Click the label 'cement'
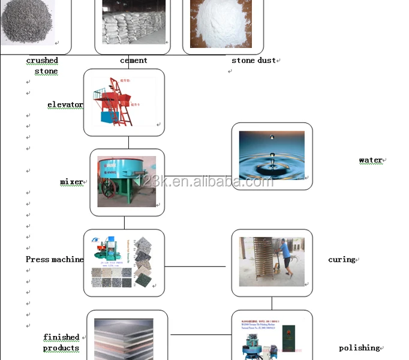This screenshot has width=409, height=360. coord(133,60)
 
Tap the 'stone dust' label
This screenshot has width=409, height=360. coord(254,60)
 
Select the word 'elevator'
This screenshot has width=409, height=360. coord(65,105)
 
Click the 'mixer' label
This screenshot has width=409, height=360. coord(71,182)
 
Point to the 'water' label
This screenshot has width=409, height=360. coord(371,160)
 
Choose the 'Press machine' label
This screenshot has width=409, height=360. coord(55,259)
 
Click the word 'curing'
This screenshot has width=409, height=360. coord(342,260)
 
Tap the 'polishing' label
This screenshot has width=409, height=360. coord(359,348)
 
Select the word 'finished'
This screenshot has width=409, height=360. coord(61,337)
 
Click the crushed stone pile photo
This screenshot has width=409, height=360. coord(27,22)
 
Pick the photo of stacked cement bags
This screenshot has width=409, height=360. coord(133,23)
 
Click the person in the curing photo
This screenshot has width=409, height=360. coord(285,261)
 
